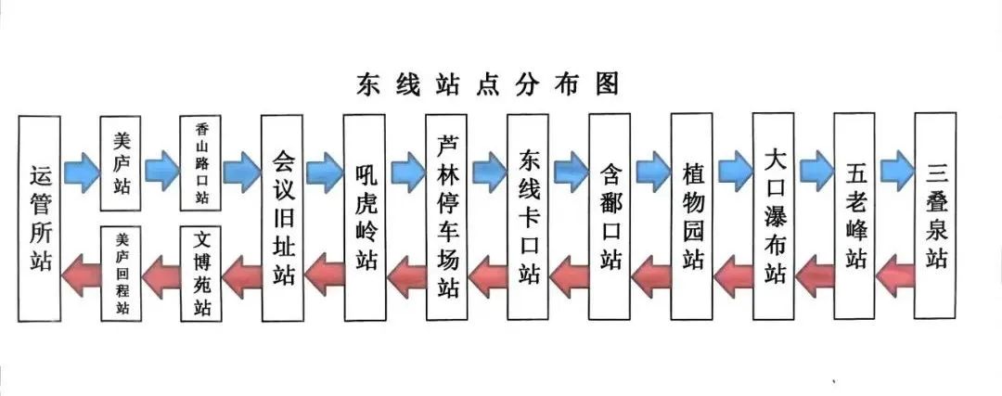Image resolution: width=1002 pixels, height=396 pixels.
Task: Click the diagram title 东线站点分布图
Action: click(x=487, y=83)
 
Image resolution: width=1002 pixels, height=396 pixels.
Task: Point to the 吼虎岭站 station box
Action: click(x=365, y=217)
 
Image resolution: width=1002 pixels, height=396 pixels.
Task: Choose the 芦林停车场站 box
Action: click(x=447, y=217)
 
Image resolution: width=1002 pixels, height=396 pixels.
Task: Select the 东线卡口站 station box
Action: click(x=529, y=217)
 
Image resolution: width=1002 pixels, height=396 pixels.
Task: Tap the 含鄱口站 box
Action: click(x=610, y=217)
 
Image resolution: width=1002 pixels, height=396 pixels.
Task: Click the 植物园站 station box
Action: click(x=691, y=217)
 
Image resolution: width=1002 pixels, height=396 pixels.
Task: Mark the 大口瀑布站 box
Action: click(x=774, y=217)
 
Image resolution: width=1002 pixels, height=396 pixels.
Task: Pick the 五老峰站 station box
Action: click(x=854, y=217)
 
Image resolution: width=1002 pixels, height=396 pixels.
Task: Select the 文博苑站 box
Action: click(x=201, y=272)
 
